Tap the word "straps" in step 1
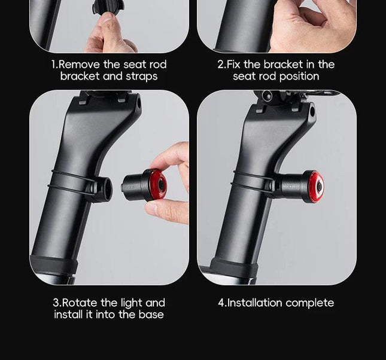[x=142, y=77]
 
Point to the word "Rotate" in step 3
[x=80, y=303]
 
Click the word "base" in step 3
[x=151, y=315]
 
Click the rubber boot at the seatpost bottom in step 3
[x=54, y=266]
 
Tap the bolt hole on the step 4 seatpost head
[x=312, y=112]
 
